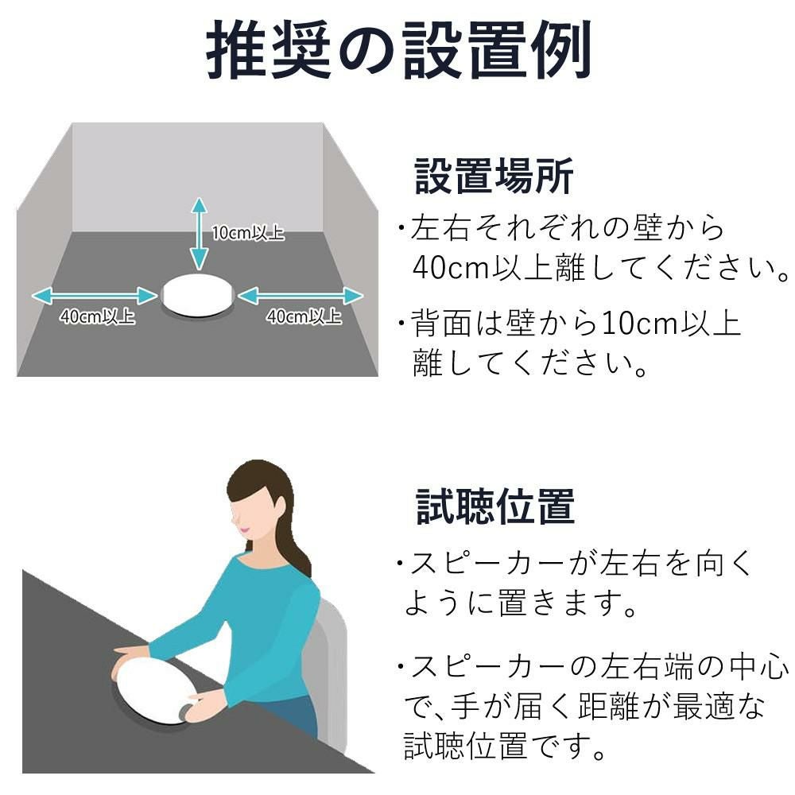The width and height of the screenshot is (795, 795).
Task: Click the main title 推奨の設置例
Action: pos(398,49)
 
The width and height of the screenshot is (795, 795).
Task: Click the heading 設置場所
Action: pos(494,176)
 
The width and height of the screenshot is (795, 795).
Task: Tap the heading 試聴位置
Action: pos(494,506)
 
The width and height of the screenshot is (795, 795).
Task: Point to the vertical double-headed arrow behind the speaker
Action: pos(200,233)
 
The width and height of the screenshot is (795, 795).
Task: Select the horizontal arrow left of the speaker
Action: pos(95,296)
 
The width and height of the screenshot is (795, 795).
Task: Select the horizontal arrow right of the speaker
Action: pos(301,296)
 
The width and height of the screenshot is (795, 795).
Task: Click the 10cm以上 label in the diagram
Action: pos(248,233)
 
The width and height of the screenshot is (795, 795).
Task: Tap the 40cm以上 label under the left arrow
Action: pos(97,316)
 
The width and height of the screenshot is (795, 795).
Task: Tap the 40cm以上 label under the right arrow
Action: pos(304,316)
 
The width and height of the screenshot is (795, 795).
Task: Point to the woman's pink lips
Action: pos(244,529)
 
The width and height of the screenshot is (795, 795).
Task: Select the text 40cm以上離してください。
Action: pos(600,268)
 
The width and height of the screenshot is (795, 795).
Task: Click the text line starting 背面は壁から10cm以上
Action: pos(570,323)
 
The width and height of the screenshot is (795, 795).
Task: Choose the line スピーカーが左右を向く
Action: pos(575,564)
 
